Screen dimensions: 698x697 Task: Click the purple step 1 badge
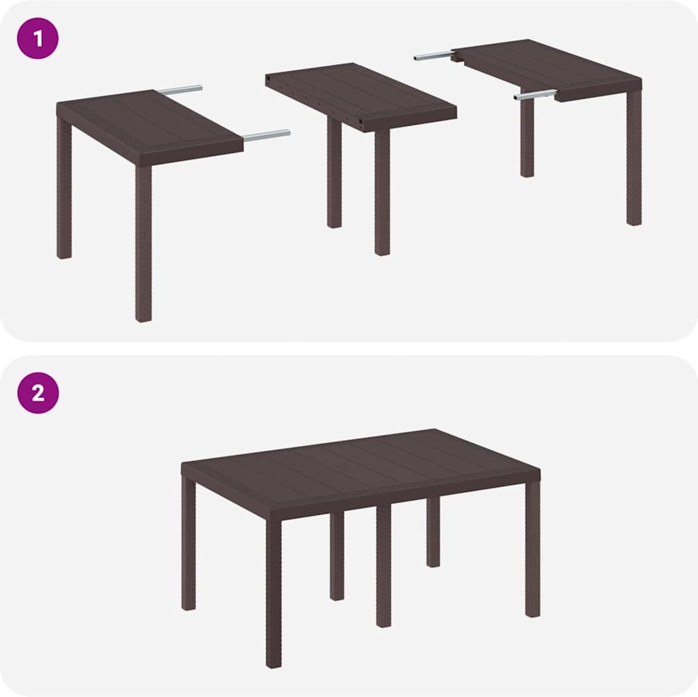[38, 38]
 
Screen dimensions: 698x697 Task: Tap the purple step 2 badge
[38, 393]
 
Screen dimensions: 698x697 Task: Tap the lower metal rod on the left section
[266, 135]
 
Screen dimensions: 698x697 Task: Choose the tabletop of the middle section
[361, 96]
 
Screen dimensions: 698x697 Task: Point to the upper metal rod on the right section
[433, 57]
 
